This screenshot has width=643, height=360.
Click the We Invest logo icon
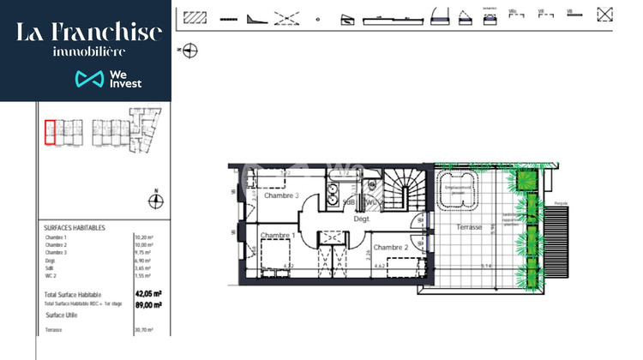90,80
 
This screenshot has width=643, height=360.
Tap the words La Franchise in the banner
89,33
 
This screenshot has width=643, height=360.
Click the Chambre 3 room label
281,195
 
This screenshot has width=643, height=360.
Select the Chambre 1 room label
278,236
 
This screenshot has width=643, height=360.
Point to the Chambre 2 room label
389,247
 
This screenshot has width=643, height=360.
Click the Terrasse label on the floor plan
469,227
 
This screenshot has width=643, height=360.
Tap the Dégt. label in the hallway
362,219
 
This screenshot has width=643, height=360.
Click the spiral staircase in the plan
400,189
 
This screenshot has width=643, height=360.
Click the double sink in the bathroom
329,195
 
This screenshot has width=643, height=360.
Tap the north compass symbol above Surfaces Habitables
155,201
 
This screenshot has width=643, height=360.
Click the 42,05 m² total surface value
145,294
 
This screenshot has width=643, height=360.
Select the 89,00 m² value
145,303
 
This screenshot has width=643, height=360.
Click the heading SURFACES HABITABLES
75,228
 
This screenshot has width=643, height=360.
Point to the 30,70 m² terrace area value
143,330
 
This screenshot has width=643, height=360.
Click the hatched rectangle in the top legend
196,16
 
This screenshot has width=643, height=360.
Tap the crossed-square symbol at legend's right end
605,14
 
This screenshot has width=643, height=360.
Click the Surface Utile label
63,315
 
